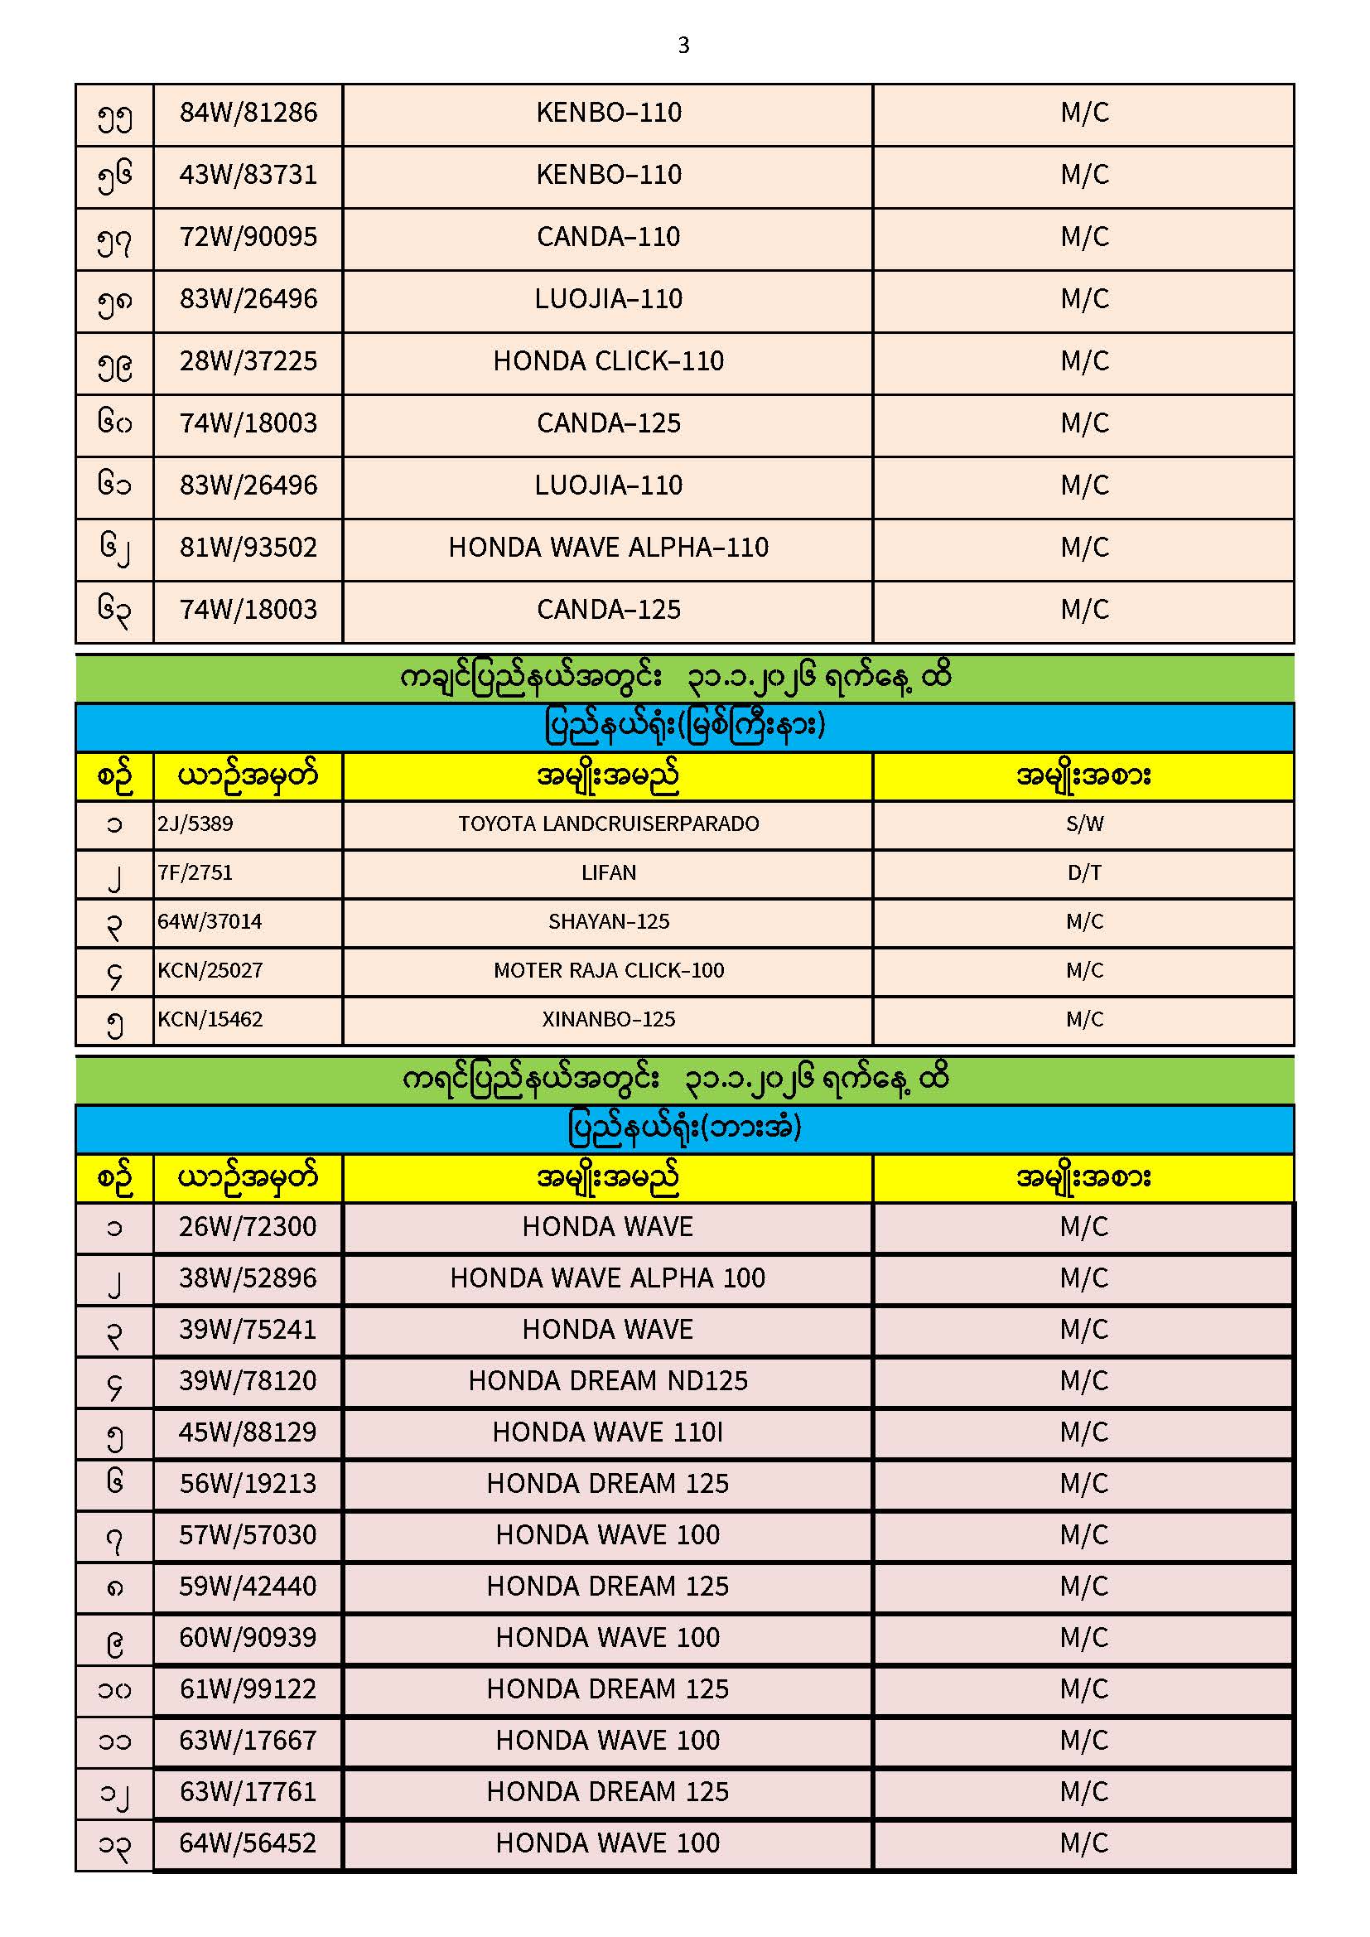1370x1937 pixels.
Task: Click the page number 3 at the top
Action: click(x=683, y=45)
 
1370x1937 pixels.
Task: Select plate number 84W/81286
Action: click(x=248, y=112)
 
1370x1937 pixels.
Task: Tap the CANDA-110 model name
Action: click(x=608, y=237)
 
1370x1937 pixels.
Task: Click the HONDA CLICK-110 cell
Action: click(x=608, y=361)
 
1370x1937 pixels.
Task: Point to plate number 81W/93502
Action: click(x=248, y=548)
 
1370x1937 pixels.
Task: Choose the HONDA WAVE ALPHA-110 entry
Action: click(x=608, y=548)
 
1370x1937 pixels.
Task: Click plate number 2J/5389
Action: click(x=195, y=824)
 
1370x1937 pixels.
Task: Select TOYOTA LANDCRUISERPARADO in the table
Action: click(x=608, y=824)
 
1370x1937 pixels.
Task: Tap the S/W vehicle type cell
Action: click(x=1084, y=824)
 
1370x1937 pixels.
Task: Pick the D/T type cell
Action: click(x=1084, y=872)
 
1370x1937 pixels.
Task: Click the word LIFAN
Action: click(x=608, y=872)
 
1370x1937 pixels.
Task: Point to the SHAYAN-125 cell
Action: click(x=608, y=921)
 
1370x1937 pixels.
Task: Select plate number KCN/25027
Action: click(x=210, y=970)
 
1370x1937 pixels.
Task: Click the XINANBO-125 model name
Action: click(x=608, y=1019)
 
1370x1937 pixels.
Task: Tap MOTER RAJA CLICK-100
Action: click(x=608, y=970)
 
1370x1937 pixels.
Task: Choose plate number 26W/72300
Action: click(x=247, y=1227)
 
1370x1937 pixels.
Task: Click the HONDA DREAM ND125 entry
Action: click(x=608, y=1381)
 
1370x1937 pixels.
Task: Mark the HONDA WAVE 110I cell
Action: click(x=608, y=1432)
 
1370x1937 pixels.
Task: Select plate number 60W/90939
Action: click(x=247, y=1638)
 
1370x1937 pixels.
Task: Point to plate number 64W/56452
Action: click(x=247, y=1843)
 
